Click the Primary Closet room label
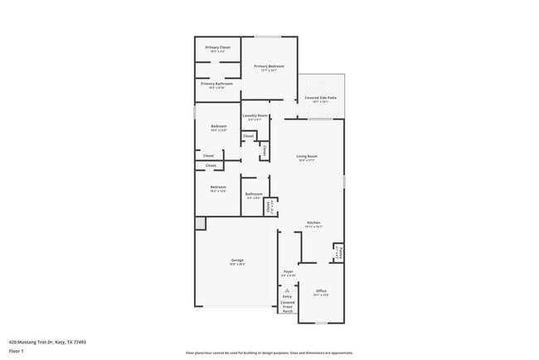[x=217, y=48]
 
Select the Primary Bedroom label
[x=269, y=67]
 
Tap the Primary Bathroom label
[x=217, y=84]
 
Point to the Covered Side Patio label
[x=320, y=98]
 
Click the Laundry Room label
[x=255, y=116]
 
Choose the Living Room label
[x=308, y=156]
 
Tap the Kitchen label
[x=313, y=223]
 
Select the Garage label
[x=237, y=261]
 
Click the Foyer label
[x=289, y=272]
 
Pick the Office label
[x=321, y=291]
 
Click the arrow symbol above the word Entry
[x=287, y=289]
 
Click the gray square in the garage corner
[x=200, y=223]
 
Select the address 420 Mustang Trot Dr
[x=47, y=341]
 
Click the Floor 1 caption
[x=17, y=351]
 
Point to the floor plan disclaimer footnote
[x=269, y=353]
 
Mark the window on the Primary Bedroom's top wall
[x=268, y=36]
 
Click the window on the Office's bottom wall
[x=321, y=323]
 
